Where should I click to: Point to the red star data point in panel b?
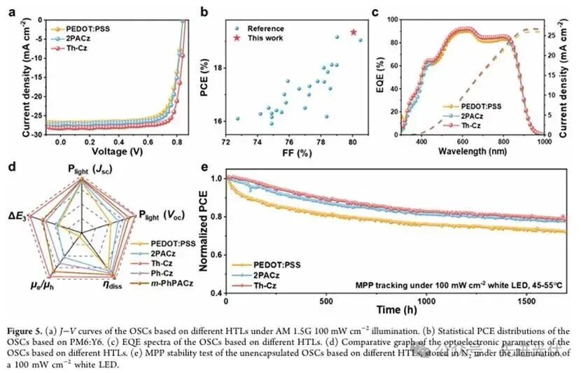pos(353,32)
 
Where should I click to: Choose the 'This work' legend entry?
pos(268,38)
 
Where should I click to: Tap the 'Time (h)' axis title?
pos(396,309)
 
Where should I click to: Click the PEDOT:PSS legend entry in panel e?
pos(271,265)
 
